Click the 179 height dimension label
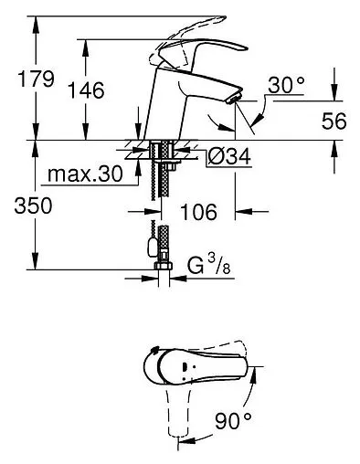(37, 79)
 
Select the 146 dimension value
(86, 90)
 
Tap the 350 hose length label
(33, 206)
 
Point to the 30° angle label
(286, 85)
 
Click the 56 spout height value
(334, 121)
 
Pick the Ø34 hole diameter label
(229, 156)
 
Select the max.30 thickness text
(85, 174)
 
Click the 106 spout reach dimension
(198, 212)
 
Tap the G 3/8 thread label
(209, 265)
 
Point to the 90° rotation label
(233, 420)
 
